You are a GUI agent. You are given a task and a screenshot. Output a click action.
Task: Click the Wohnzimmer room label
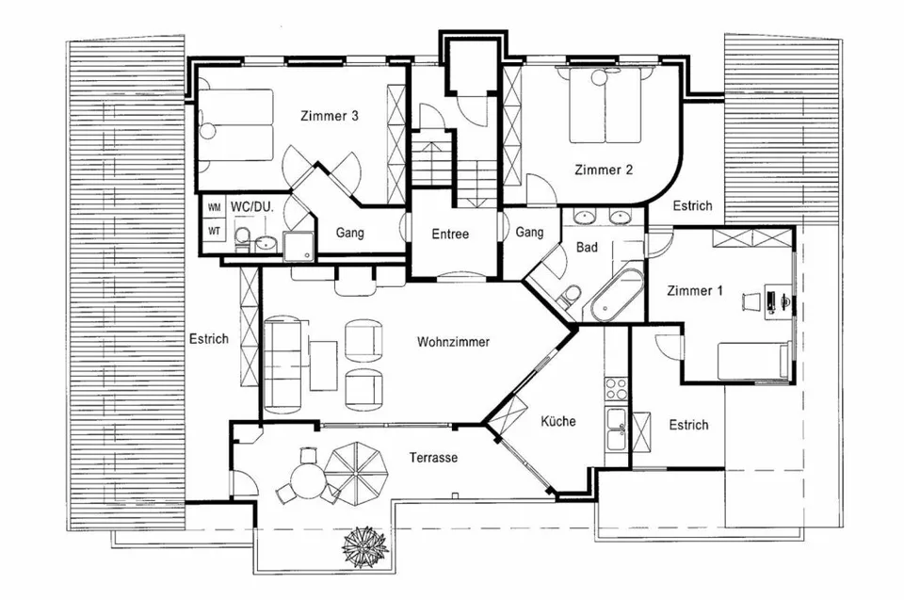453,342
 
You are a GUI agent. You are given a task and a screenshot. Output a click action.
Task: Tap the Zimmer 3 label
330,115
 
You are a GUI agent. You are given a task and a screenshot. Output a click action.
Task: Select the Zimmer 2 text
604,170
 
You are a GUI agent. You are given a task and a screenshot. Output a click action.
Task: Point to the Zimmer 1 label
694,290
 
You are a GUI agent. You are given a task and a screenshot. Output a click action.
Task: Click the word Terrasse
433,458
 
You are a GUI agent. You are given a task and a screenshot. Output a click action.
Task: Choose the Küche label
558,421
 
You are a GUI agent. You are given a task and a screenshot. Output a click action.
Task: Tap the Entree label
450,234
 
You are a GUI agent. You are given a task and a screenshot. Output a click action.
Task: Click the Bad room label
587,247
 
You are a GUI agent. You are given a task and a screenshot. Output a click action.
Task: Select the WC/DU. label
252,206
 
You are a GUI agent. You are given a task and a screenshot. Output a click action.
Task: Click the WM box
214,207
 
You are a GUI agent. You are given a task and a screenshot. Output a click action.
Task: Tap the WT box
214,231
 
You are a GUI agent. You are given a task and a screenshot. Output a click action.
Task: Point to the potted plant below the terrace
364,546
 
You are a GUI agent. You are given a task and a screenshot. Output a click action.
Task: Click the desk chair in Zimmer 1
751,301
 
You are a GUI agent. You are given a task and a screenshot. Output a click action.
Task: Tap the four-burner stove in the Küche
616,389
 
